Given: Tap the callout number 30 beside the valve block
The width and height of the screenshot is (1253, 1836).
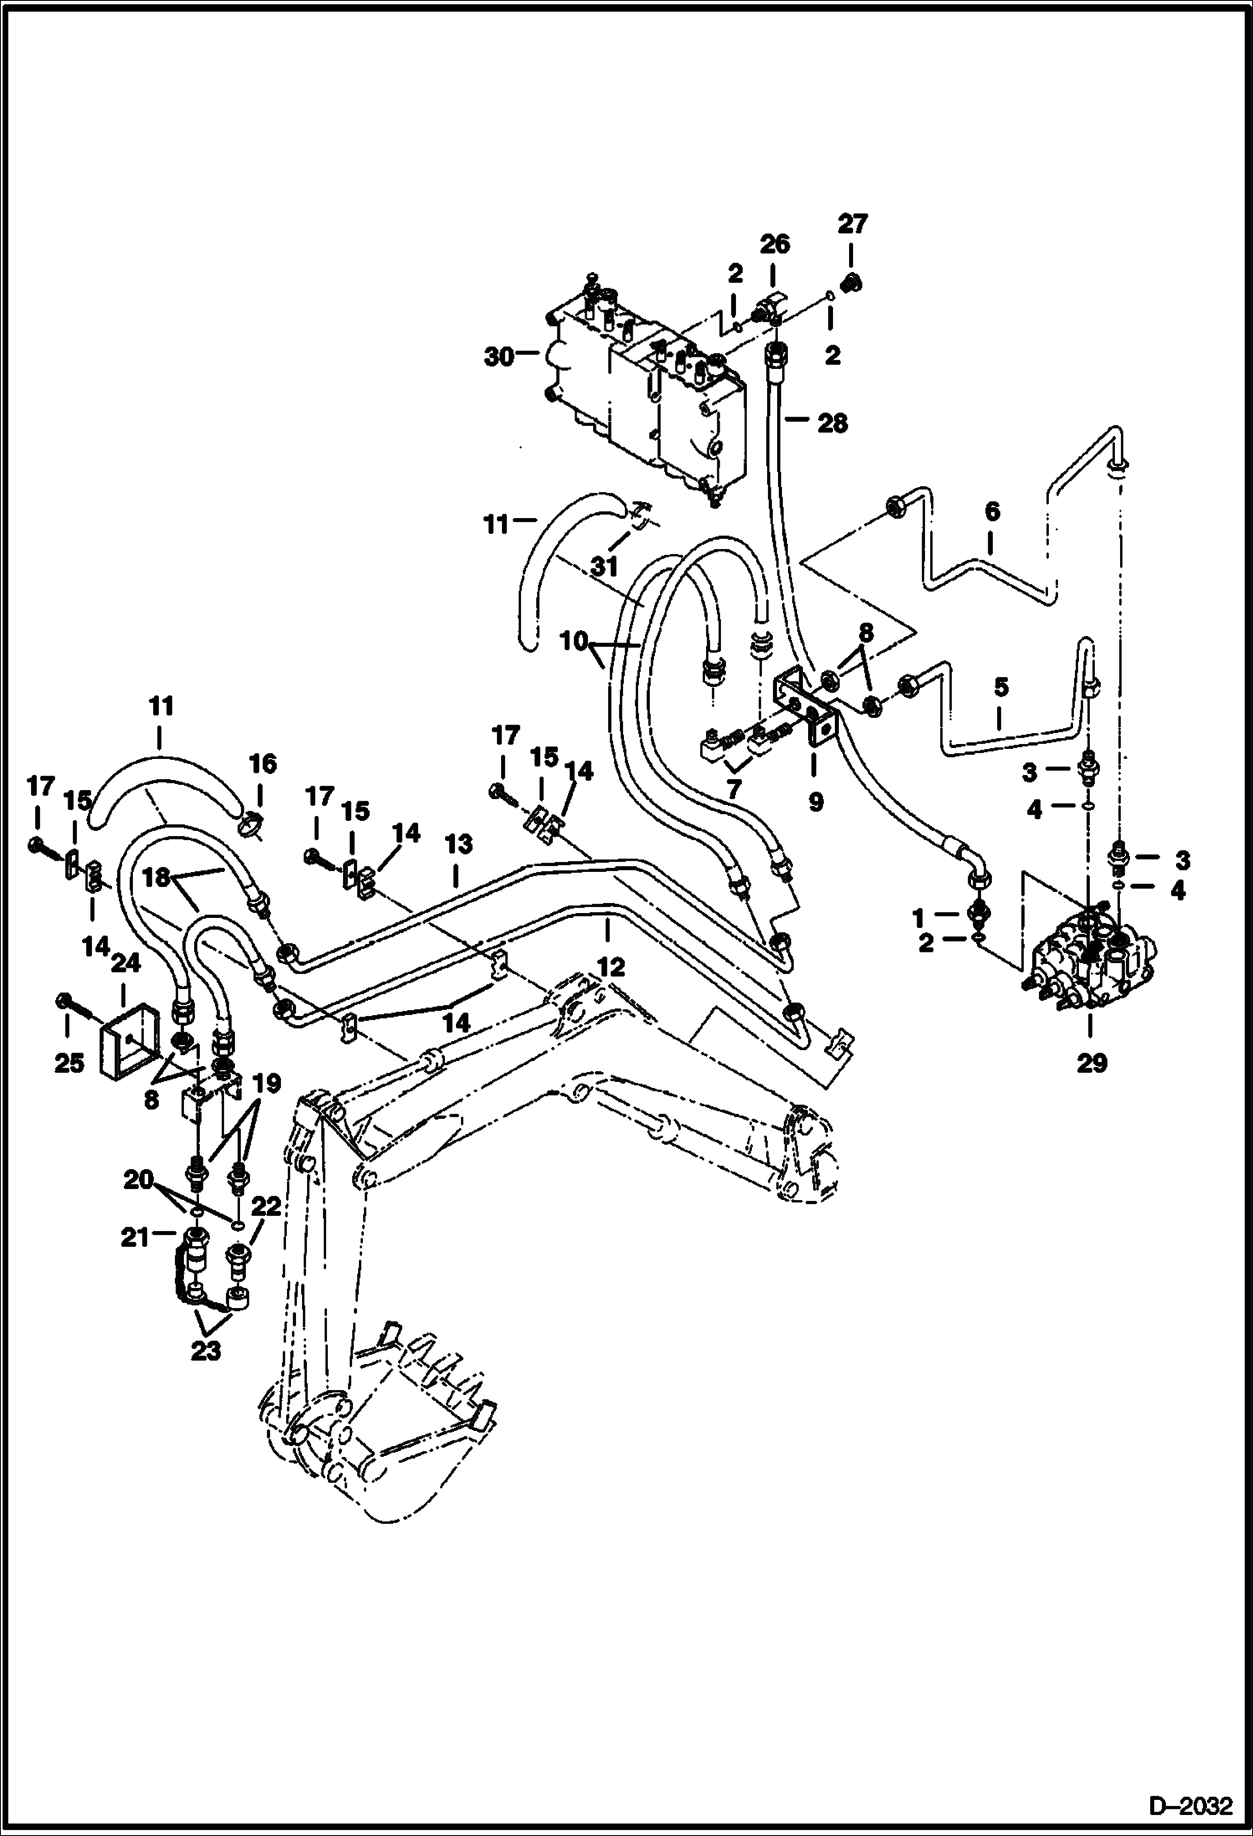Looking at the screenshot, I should pyautogui.click(x=500, y=356).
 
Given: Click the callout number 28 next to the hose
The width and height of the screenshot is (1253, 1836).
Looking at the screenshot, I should pyautogui.click(x=831, y=423).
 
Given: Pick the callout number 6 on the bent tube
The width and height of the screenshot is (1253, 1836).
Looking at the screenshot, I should pyautogui.click(x=992, y=510).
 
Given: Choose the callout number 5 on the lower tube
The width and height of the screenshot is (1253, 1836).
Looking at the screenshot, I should pyautogui.click(x=1000, y=686).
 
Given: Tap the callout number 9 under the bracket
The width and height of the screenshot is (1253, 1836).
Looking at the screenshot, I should pyautogui.click(x=816, y=802).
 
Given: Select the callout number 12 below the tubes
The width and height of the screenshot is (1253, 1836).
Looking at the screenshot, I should pyautogui.click(x=611, y=968).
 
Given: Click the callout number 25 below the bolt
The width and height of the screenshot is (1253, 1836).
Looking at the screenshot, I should pyautogui.click(x=69, y=1064).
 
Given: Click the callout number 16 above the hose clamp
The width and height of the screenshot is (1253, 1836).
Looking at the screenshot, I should pyautogui.click(x=261, y=764).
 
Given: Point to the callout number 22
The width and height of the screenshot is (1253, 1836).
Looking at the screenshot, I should pyautogui.click(x=265, y=1206).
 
